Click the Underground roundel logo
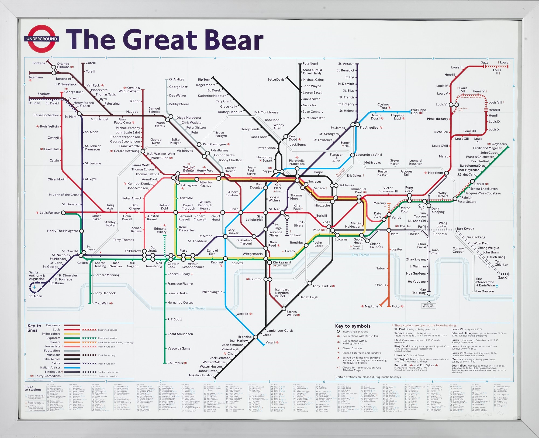[x=42, y=39]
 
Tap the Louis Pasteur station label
[x=50, y=213]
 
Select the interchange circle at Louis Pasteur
[x=63, y=213]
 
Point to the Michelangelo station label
[x=212, y=292]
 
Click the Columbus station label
[x=175, y=363]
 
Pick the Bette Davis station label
[x=276, y=80]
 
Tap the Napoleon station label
[x=435, y=173]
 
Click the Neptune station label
[x=371, y=306]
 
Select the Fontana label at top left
[x=39, y=63]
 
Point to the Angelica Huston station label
[x=201, y=375]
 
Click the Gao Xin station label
[x=503, y=278]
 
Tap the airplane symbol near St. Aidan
[x=34, y=288]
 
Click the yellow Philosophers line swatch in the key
[x=72, y=334]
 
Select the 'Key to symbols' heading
[x=353, y=326]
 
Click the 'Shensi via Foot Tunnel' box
[x=429, y=306]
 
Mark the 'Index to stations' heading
[x=33, y=388]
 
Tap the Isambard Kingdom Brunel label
[x=282, y=293]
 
